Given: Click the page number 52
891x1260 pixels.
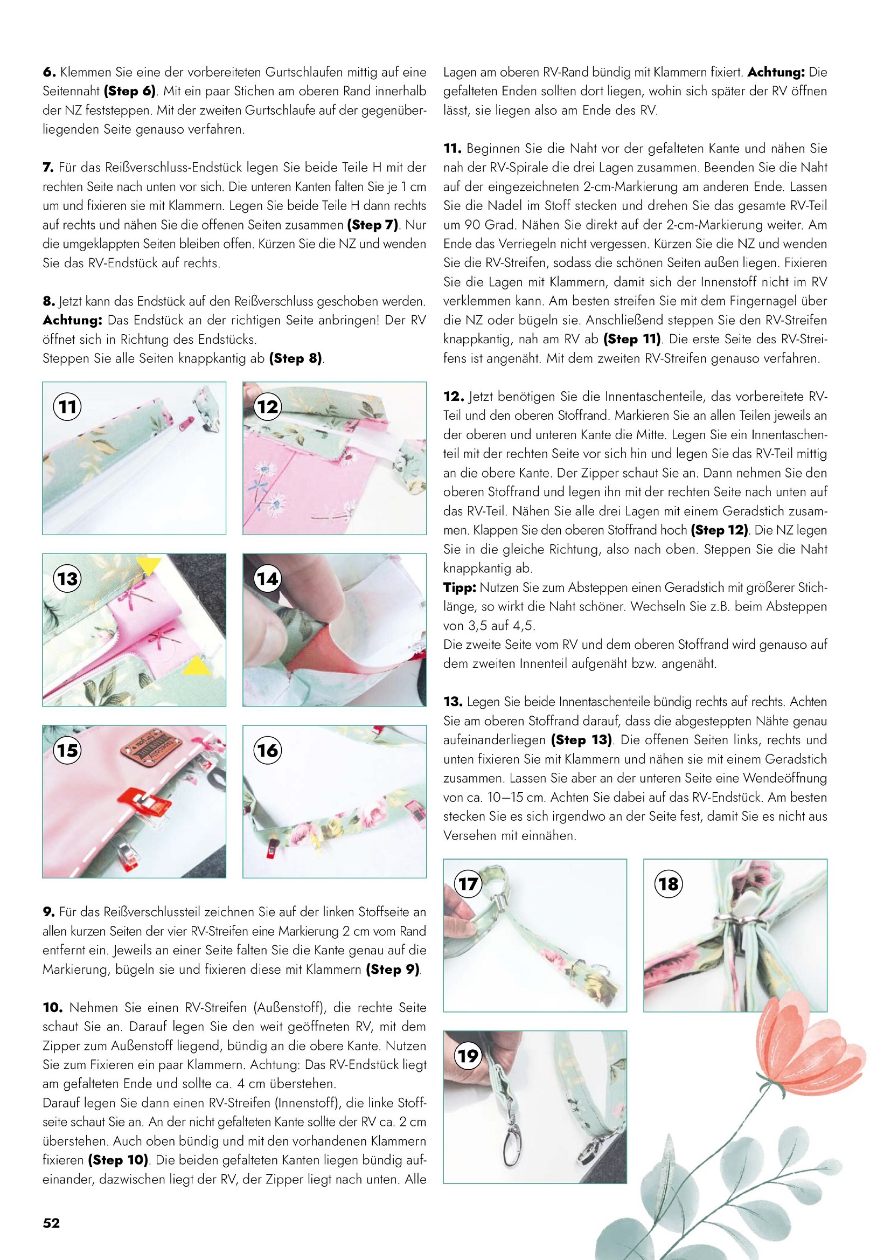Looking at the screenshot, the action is (x=51, y=1223).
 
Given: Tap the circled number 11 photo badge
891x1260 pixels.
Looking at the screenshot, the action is (x=67, y=407).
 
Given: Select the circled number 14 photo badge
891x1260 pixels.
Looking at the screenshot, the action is (x=268, y=578).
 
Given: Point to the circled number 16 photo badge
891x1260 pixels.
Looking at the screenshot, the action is (x=268, y=750).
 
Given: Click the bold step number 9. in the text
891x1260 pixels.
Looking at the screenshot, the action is (x=49, y=912).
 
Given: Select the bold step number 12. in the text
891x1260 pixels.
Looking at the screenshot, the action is (x=454, y=396).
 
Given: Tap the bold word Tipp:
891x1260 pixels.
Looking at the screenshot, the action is (x=460, y=588).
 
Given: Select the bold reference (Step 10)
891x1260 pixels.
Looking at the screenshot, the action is (x=119, y=1160).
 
